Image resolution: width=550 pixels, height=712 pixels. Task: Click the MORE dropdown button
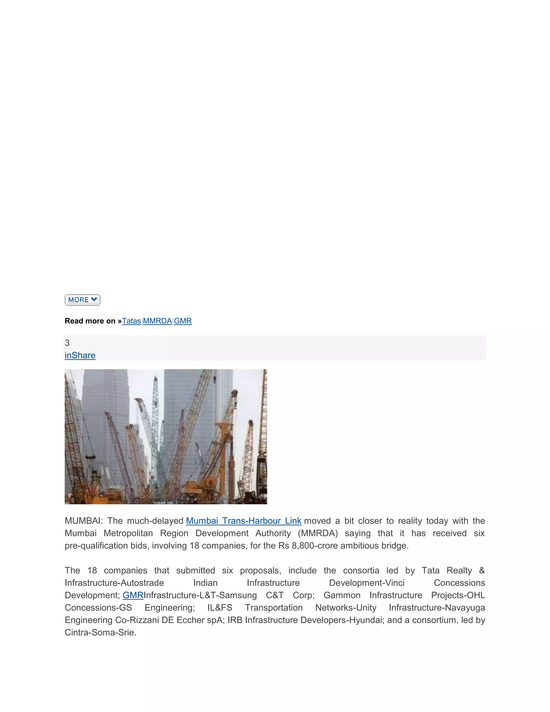click(x=82, y=300)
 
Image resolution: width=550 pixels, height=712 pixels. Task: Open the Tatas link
click(x=131, y=321)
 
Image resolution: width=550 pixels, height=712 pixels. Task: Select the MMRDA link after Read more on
click(x=157, y=321)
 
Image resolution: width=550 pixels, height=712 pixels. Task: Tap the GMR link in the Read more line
click(x=183, y=321)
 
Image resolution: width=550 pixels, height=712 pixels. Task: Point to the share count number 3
click(x=67, y=343)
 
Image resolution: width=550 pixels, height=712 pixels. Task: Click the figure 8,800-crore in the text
click(x=315, y=545)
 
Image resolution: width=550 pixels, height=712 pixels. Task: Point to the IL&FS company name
click(x=220, y=607)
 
